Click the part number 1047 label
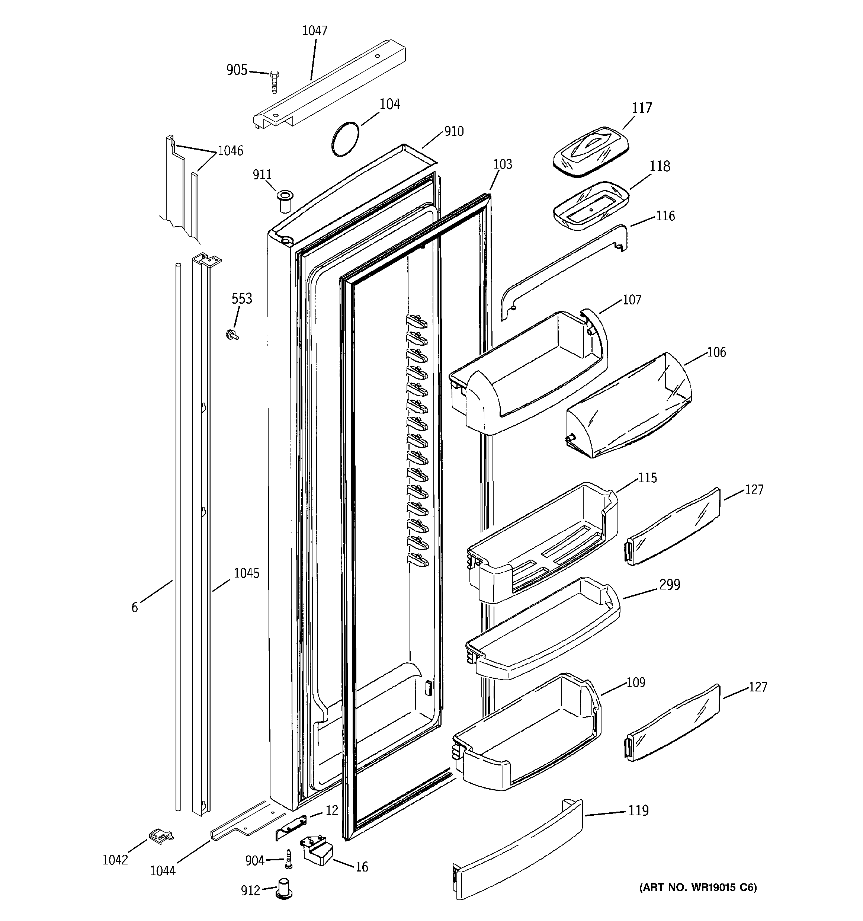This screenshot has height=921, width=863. coord(315,31)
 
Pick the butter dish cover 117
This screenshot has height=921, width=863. coord(591,151)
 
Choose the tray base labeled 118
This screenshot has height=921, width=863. coord(591,205)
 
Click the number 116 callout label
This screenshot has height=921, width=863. coord(665,216)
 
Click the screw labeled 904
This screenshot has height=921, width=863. coord(289,859)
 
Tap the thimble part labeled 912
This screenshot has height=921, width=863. coord(283,888)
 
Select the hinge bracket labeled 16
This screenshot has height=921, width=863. coord(318,851)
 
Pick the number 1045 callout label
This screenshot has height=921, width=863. coord(247,573)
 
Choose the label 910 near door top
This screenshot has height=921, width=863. coord(453,132)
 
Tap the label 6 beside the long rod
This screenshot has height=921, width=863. coord(134,607)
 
